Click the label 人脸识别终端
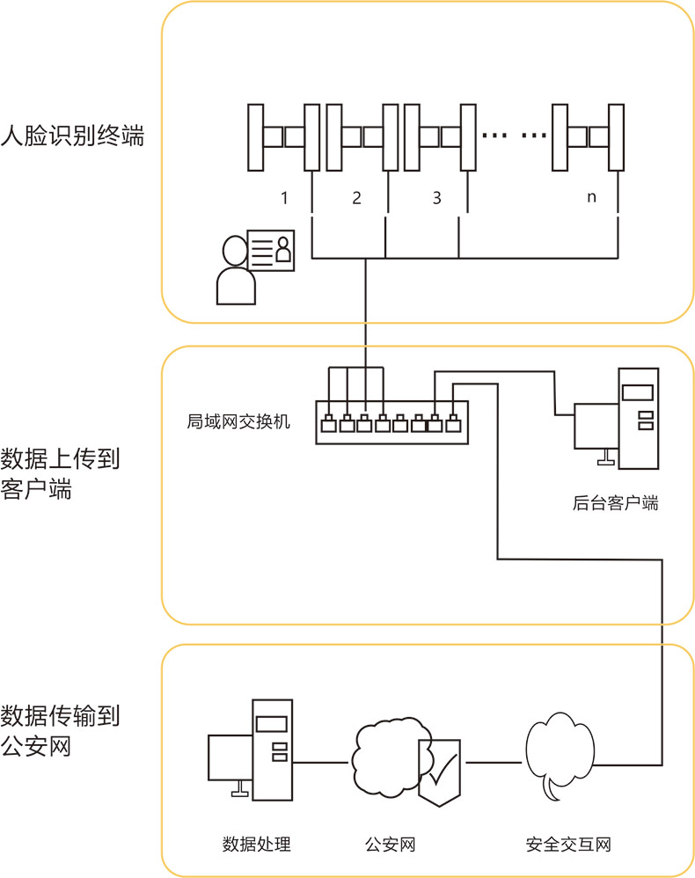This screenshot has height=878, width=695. click(x=72, y=137)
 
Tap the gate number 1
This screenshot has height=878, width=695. click(x=284, y=198)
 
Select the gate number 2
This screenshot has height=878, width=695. click(x=356, y=198)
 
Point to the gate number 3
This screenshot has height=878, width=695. click(x=437, y=198)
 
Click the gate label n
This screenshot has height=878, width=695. click(x=591, y=198)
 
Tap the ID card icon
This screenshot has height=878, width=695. click(x=272, y=252)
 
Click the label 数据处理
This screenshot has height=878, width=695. click(x=256, y=845)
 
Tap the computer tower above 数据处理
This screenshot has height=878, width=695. click(x=272, y=747)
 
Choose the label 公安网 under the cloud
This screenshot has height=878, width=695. click(x=390, y=845)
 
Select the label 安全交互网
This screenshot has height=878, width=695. click(x=567, y=845)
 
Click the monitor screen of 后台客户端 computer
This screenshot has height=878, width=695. click(x=596, y=426)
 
